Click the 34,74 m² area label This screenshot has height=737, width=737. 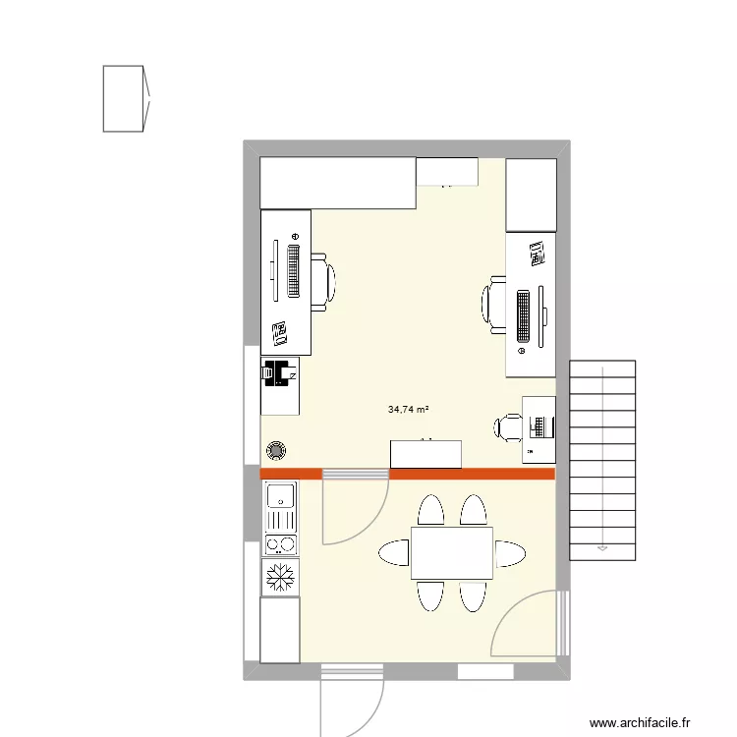[410, 409]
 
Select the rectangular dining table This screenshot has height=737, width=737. [451, 552]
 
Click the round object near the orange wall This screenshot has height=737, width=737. [277, 451]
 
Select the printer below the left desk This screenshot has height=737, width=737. [279, 372]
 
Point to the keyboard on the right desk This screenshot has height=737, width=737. [522, 314]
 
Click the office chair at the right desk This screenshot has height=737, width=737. [495, 302]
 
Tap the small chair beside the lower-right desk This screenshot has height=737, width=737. [509, 426]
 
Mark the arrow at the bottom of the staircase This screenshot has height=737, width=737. [601, 546]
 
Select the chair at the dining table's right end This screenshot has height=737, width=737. [510, 553]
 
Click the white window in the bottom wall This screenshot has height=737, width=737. [484, 673]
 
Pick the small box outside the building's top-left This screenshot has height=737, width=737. [125, 98]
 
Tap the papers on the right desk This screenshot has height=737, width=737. [536, 255]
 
